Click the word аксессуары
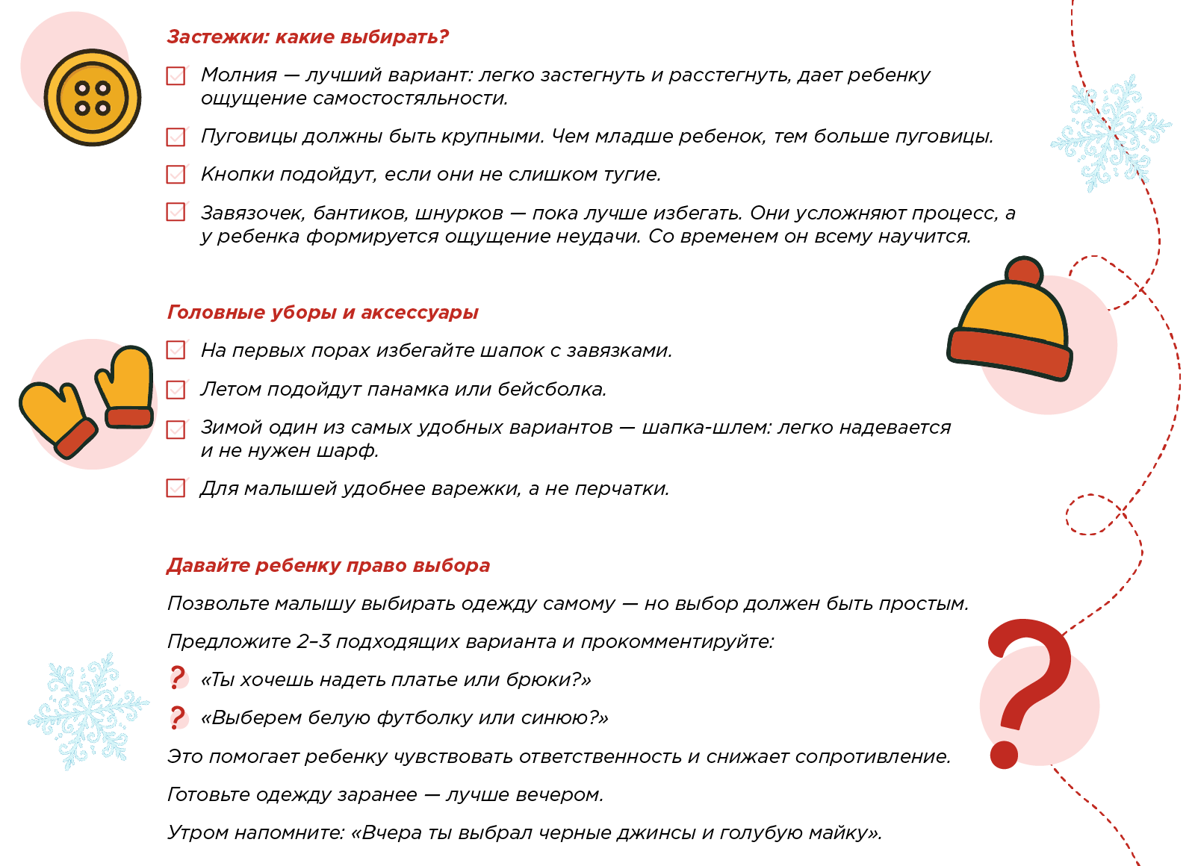pyautogui.click(x=420, y=313)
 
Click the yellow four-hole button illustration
pyautogui.click(x=93, y=98)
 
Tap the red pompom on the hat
pyautogui.click(x=1023, y=272)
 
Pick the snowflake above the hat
pyautogui.click(x=1111, y=133)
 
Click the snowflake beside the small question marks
pyautogui.click(x=88, y=711)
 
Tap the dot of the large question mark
pyautogui.click(x=1004, y=755)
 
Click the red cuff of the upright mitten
pyautogui.click(x=129, y=417)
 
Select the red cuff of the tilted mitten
pyautogui.click(x=76, y=438)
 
